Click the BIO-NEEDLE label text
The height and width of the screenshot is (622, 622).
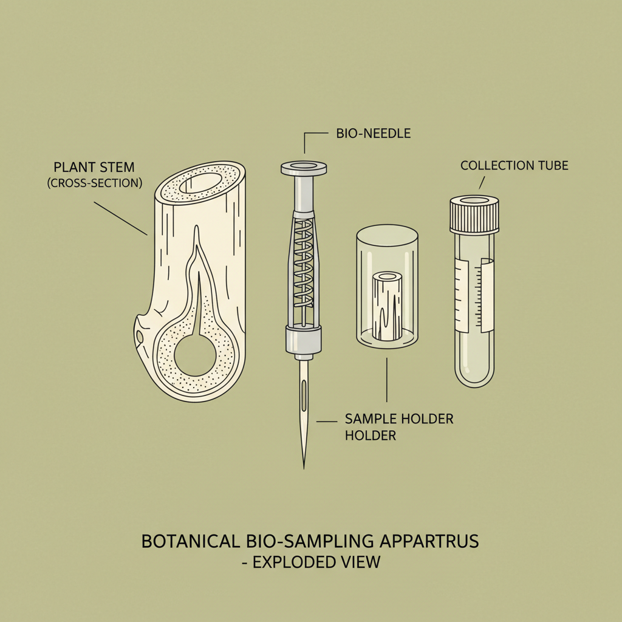[x=373, y=133]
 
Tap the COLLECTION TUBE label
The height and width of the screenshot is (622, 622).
[x=514, y=165]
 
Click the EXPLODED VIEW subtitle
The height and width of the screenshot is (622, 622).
[x=311, y=562]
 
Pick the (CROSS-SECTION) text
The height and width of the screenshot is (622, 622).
[x=94, y=182]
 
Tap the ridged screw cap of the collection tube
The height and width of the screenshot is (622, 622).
[x=474, y=215]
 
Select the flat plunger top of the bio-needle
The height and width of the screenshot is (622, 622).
[x=303, y=167]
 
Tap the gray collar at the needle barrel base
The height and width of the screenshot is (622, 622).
[x=303, y=338]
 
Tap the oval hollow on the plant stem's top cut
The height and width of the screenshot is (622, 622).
[x=207, y=182]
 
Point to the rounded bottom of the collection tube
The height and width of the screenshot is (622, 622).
[x=474, y=377]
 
